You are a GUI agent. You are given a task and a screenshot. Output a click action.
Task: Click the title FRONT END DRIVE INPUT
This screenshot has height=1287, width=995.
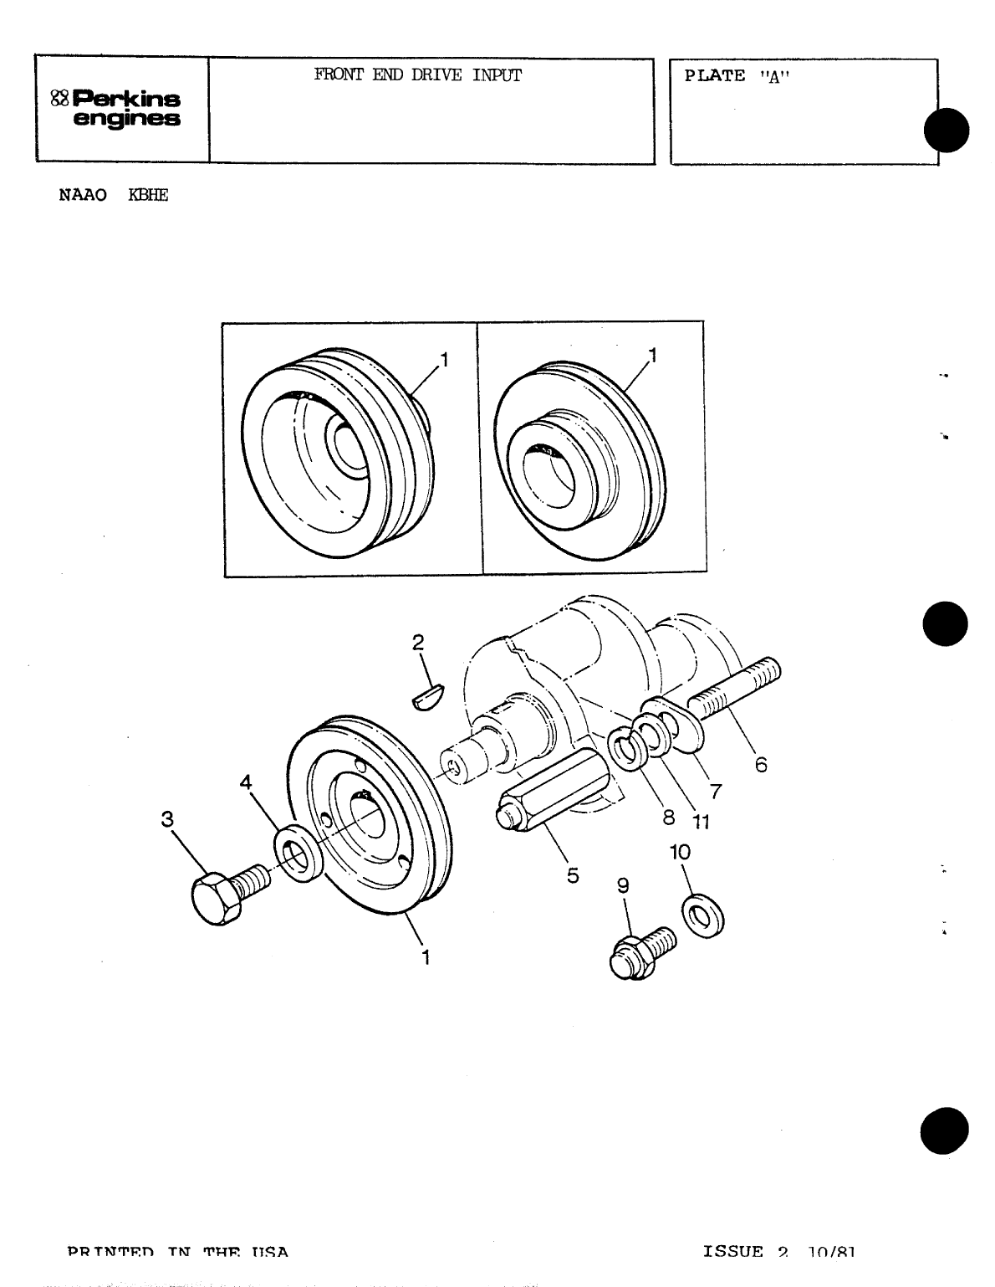(x=417, y=75)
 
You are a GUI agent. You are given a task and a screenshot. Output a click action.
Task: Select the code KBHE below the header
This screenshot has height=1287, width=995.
(x=148, y=197)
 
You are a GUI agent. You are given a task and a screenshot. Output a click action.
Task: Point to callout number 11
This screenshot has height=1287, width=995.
(x=700, y=822)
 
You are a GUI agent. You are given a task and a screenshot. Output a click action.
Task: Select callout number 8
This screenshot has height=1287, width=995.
(x=669, y=818)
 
